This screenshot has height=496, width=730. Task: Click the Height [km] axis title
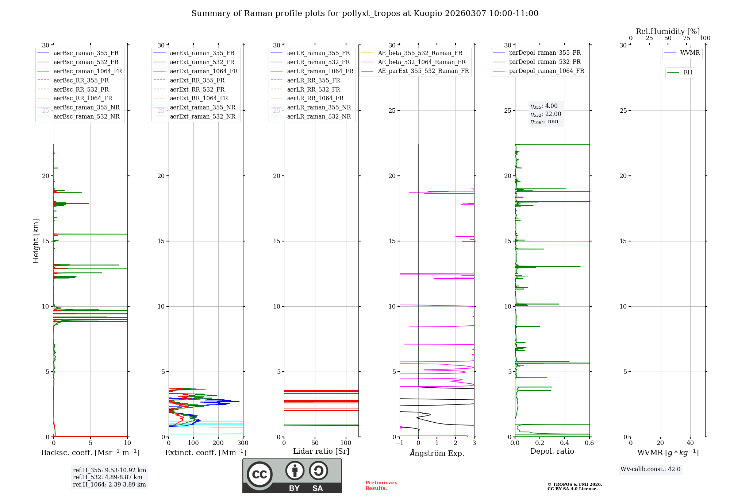(36, 241)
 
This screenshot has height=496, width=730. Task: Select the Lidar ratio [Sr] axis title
(321, 451)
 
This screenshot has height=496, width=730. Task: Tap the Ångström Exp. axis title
(437, 453)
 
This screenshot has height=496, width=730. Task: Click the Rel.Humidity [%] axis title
(668, 31)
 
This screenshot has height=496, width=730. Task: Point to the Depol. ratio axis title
(552, 451)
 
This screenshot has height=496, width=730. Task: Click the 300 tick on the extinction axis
(243, 443)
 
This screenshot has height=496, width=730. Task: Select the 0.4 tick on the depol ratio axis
(565, 443)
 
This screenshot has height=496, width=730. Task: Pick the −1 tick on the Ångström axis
(400, 443)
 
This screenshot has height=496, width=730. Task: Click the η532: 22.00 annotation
(546, 114)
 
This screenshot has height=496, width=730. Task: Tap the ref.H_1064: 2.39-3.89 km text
(109, 484)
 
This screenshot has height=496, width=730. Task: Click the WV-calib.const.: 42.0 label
(650, 469)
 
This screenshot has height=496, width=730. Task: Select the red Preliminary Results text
(381, 485)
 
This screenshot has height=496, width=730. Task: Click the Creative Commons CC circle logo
(260, 474)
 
